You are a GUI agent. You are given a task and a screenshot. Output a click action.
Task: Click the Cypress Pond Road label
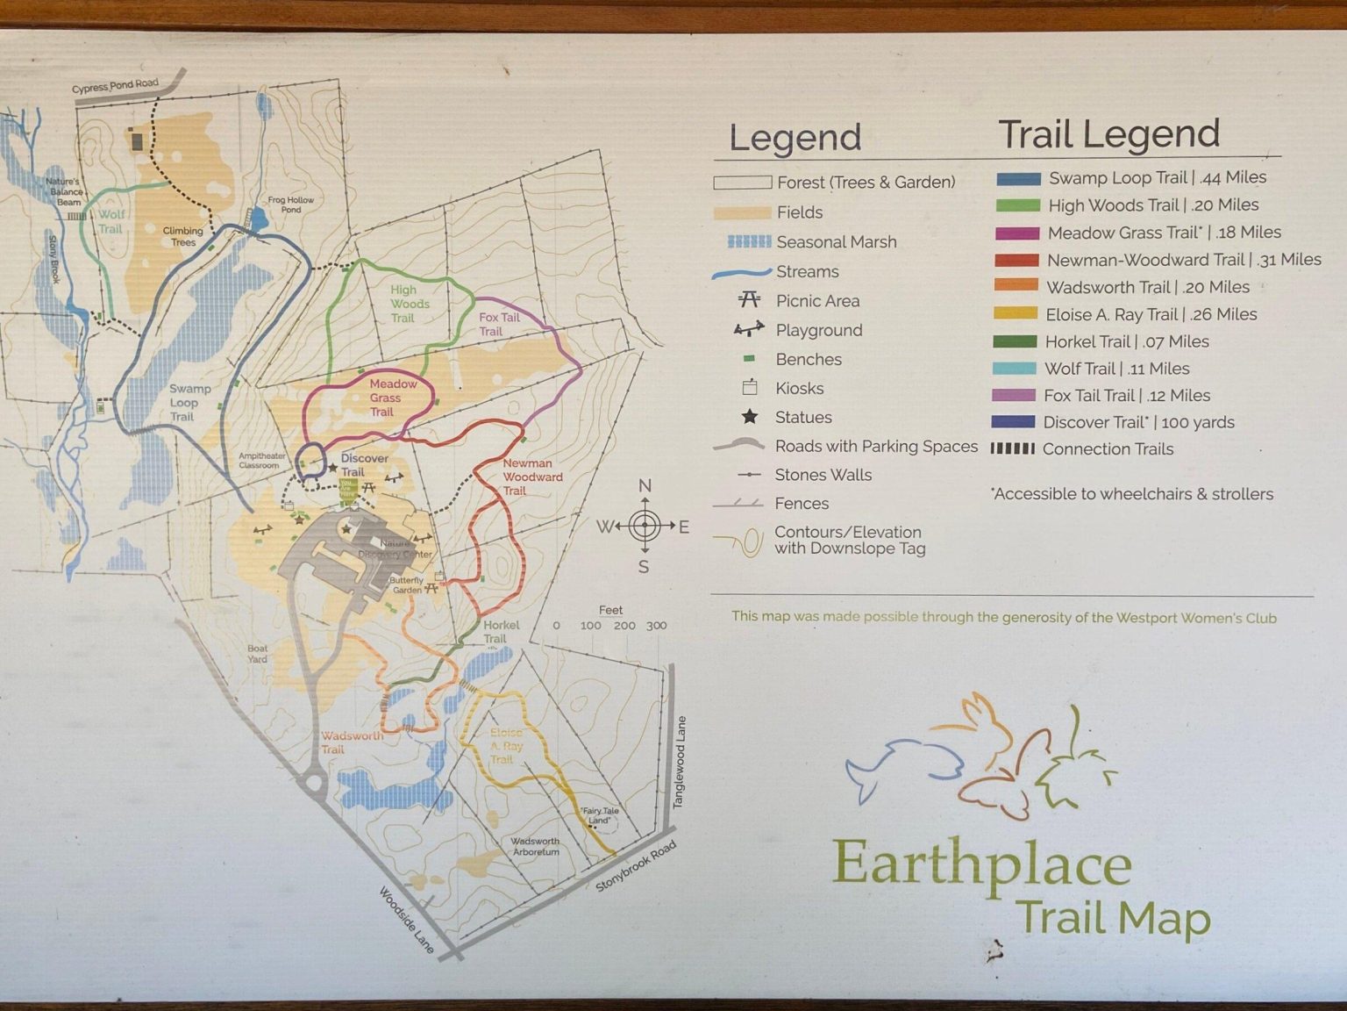click(x=115, y=86)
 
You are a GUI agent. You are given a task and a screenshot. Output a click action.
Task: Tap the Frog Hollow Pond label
click(x=291, y=204)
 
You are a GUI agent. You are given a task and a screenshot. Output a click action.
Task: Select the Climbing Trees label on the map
click(x=182, y=236)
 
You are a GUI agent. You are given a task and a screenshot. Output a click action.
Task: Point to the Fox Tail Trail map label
click(x=498, y=324)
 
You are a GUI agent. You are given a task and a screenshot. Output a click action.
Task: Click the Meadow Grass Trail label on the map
click(x=386, y=398)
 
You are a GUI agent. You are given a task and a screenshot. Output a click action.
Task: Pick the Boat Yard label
click(x=257, y=653)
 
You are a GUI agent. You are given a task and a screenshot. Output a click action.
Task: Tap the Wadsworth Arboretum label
click(x=535, y=846)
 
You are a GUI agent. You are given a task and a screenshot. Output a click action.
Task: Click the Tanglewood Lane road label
click(x=680, y=762)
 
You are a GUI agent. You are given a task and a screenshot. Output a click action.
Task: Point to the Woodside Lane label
click(x=407, y=920)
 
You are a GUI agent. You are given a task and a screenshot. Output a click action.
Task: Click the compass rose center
click(x=645, y=526)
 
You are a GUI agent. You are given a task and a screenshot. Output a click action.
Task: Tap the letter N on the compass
click(x=645, y=486)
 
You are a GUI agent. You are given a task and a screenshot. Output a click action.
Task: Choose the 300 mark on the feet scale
click(x=656, y=626)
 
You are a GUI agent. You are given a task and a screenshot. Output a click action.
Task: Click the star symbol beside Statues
click(x=750, y=417)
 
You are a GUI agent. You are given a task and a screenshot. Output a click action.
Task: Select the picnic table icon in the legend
click(x=749, y=300)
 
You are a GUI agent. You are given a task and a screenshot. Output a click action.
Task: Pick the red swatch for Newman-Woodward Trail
click(x=1016, y=260)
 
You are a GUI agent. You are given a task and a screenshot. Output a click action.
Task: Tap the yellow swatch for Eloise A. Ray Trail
click(x=1016, y=314)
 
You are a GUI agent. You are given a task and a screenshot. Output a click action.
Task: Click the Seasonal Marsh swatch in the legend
click(x=748, y=241)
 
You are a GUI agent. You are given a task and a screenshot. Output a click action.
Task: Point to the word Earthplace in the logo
click(x=981, y=865)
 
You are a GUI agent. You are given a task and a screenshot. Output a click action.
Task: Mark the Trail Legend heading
click(x=1108, y=133)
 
